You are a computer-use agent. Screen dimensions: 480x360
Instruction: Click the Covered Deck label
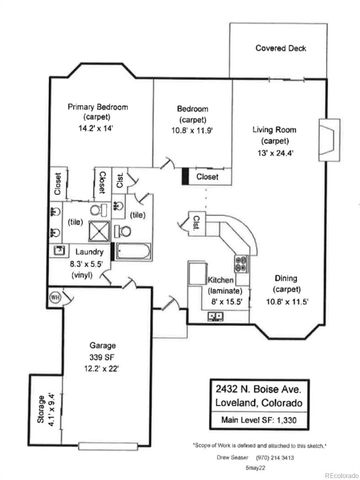pos(279,47)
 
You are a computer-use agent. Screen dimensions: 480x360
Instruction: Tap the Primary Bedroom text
pos(96,107)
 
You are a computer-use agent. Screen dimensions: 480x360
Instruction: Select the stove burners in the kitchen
pos(240,264)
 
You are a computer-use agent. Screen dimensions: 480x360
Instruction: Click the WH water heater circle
pos(56,296)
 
